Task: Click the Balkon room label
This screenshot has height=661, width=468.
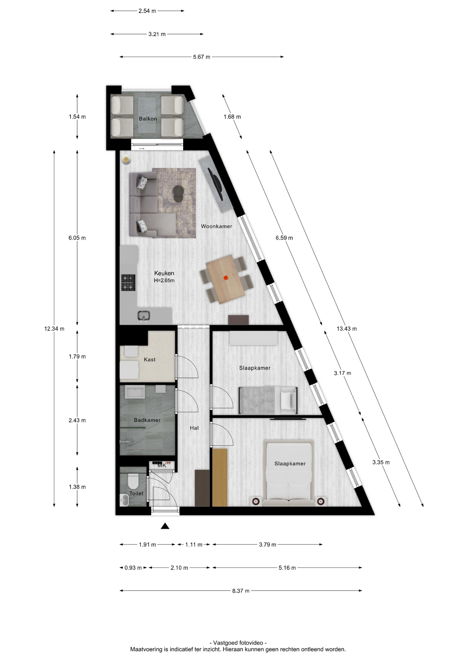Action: pyautogui.click(x=148, y=119)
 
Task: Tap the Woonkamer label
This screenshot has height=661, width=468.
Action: pyautogui.click(x=216, y=226)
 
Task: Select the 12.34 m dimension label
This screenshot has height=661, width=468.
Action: pyautogui.click(x=54, y=329)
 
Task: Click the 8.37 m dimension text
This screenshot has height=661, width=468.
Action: pyautogui.click(x=241, y=591)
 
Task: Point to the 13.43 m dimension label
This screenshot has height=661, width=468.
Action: pyautogui.click(x=347, y=329)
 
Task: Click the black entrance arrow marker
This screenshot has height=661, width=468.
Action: pyautogui.click(x=165, y=526)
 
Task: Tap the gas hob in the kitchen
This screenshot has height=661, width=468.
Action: pyautogui.click(x=128, y=283)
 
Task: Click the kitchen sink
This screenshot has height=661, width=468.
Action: pyautogui.click(x=143, y=316)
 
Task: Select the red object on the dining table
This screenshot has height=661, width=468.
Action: pyautogui.click(x=226, y=277)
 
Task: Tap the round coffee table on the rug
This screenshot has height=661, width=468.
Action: pyautogui.click(x=178, y=193)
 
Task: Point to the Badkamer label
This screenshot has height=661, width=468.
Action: pyautogui.click(x=147, y=420)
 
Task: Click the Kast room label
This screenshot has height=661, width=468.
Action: pyautogui.click(x=150, y=359)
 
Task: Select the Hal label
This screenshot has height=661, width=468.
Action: pyautogui.click(x=194, y=428)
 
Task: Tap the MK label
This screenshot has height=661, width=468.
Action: pyautogui.click(x=162, y=465)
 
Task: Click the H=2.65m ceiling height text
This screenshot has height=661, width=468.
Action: pyautogui.click(x=164, y=281)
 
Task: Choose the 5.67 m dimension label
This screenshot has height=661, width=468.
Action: pyautogui.click(x=202, y=57)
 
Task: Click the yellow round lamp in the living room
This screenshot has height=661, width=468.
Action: pyautogui.click(x=126, y=160)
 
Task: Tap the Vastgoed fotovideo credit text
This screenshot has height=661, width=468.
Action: pyautogui.click(x=238, y=643)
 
